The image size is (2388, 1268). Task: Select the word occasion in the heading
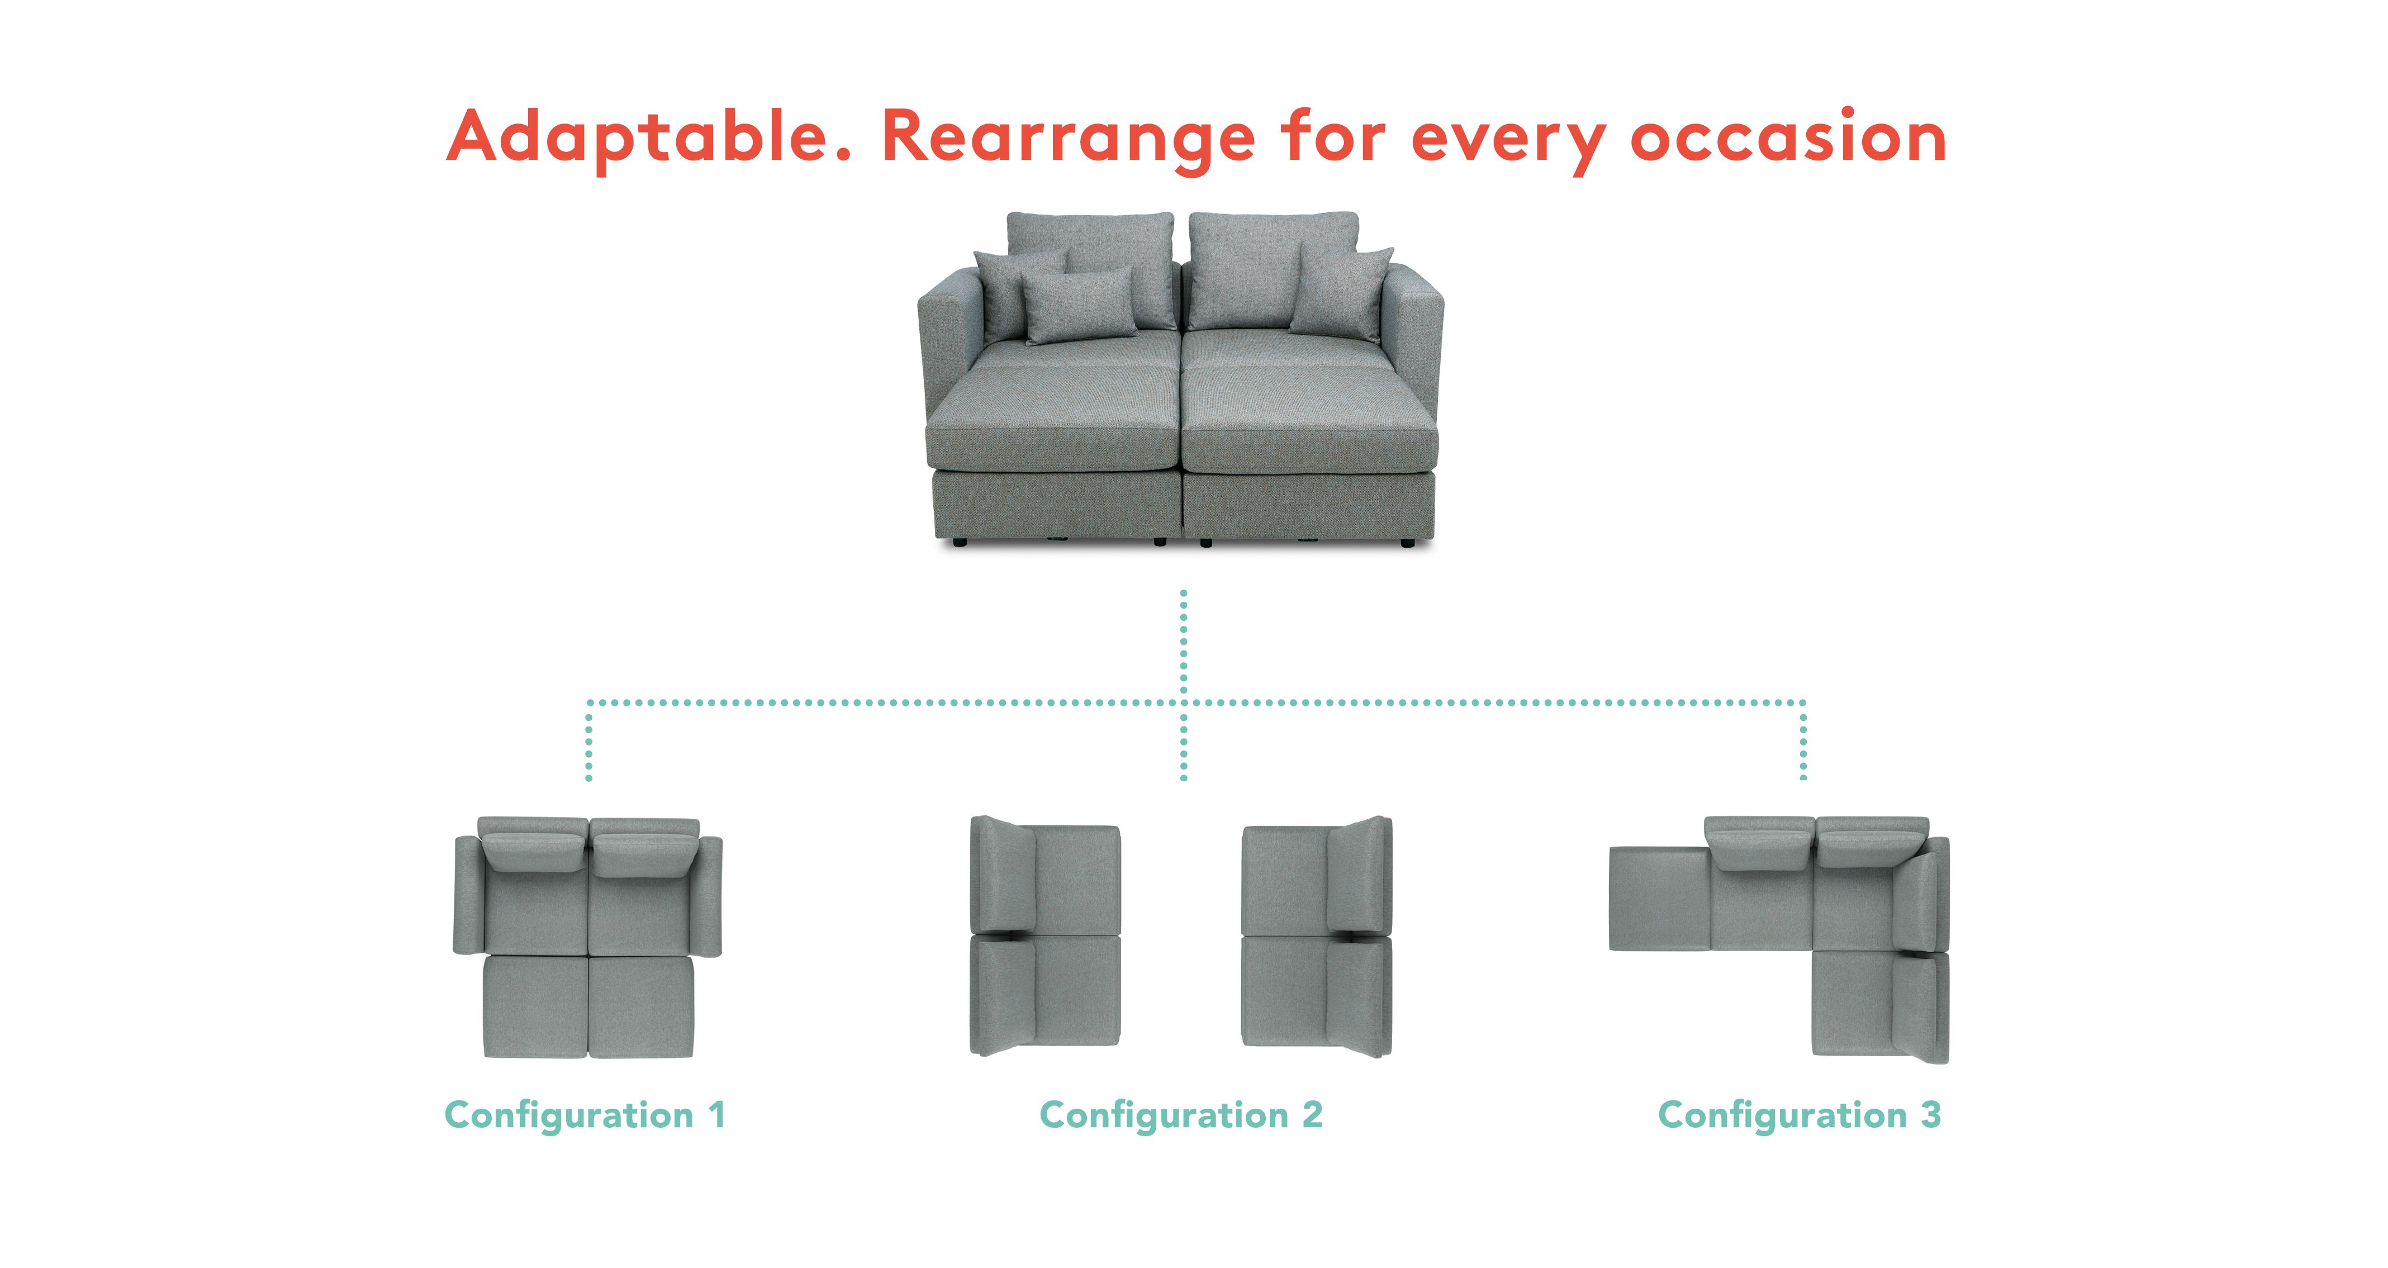click(1788, 136)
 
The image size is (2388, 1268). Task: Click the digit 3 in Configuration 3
click(1931, 1114)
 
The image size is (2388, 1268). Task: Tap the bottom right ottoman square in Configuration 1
click(642, 1006)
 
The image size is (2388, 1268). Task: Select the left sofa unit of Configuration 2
click(1045, 936)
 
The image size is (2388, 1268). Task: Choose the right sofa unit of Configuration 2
click(1316, 936)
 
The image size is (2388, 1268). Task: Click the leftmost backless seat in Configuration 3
click(1659, 898)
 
